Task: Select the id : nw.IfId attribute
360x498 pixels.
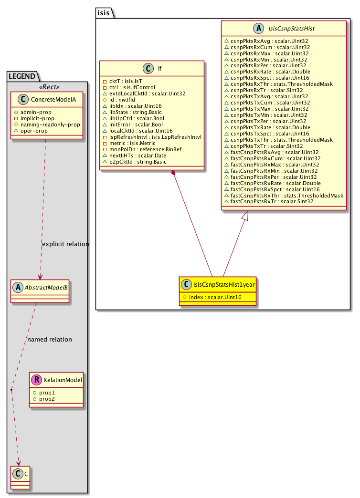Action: click(x=123, y=99)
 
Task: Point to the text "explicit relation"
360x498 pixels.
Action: click(x=65, y=244)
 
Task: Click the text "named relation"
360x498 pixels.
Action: click(x=50, y=340)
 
